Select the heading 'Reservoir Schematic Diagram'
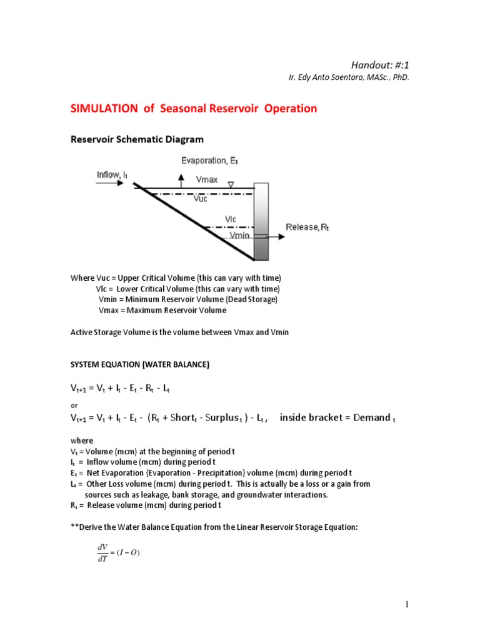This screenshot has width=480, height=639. coord(136,139)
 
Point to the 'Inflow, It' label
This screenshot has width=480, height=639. coord(112,175)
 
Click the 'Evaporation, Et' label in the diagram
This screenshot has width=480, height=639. coord(209,161)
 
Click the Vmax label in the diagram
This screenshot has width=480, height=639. coord(207,180)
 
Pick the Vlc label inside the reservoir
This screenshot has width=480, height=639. coord(231,218)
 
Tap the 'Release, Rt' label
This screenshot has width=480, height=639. coord(307,227)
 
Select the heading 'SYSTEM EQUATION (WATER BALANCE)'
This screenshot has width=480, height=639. coord(141,365)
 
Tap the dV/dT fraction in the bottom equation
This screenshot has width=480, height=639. coord(103,553)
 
